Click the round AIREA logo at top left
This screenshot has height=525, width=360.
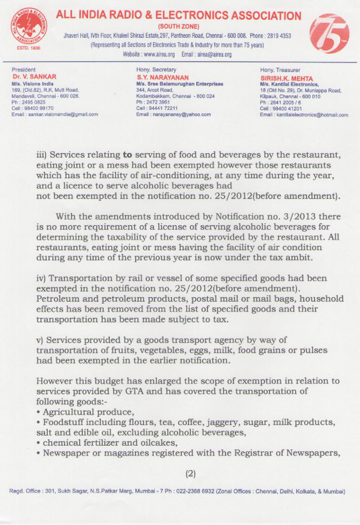coord(28,26)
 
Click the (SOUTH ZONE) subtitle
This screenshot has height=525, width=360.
coord(178,26)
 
